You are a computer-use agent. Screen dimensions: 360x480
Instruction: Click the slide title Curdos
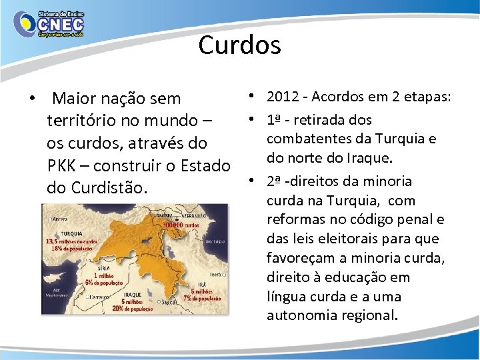click(239, 46)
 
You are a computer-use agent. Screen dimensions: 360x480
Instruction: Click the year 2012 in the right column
click(281, 97)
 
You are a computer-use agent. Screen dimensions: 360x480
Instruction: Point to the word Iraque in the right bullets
click(368, 158)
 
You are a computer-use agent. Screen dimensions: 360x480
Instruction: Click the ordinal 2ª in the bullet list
click(274, 181)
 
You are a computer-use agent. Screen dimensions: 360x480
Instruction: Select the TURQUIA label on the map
click(55, 233)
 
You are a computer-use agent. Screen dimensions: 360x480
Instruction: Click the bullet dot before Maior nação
click(32, 99)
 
